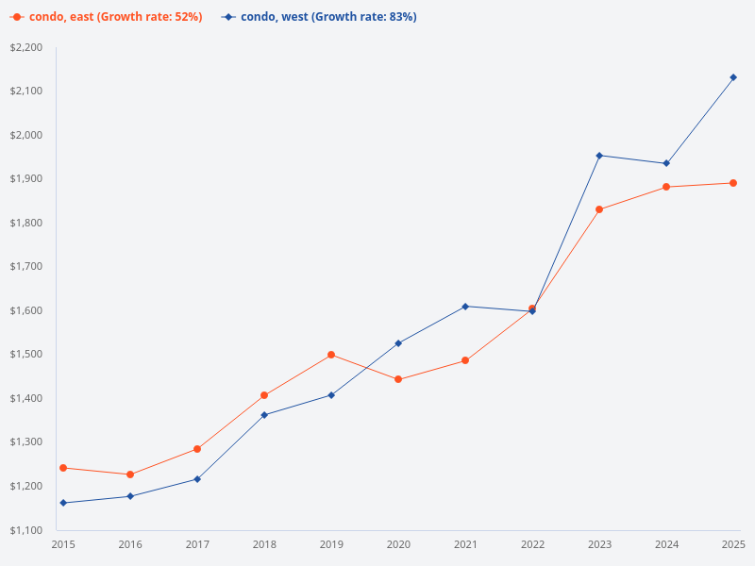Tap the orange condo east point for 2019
pyautogui.click(x=331, y=355)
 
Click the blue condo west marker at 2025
pyautogui.click(x=733, y=77)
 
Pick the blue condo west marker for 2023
pyautogui.click(x=599, y=156)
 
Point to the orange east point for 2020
pyautogui.click(x=398, y=379)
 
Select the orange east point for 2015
pyautogui.click(x=63, y=468)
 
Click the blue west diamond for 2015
pyautogui.click(x=63, y=503)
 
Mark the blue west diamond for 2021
pyautogui.click(x=465, y=307)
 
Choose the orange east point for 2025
pyautogui.click(x=733, y=183)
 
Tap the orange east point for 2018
pyautogui.click(x=264, y=395)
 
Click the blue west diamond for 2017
pyautogui.click(x=197, y=479)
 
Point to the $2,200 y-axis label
pyautogui.click(x=26, y=47)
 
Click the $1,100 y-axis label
pyautogui.click(x=26, y=530)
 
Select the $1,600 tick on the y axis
pyautogui.click(x=26, y=310)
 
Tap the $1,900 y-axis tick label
pyautogui.click(x=26, y=179)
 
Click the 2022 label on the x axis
pyautogui.click(x=532, y=544)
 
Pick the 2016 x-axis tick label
pyautogui.click(x=130, y=544)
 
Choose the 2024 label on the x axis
pyautogui.click(x=666, y=544)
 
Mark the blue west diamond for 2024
pyautogui.click(x=666, y=163)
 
